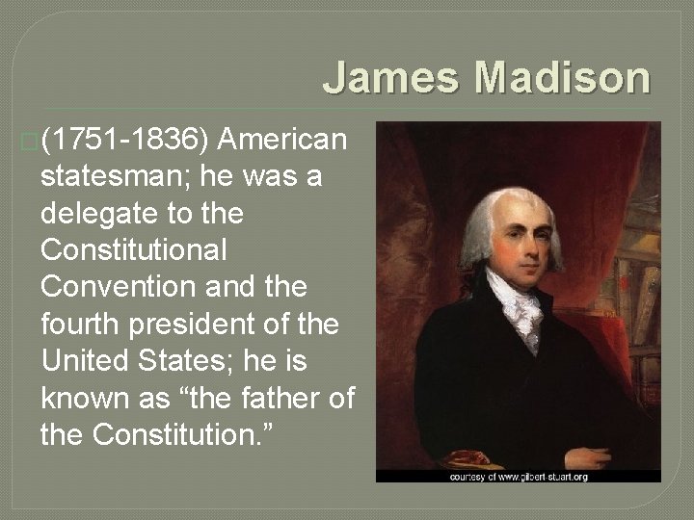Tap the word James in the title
[391, 77]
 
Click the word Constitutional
[134, 252]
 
